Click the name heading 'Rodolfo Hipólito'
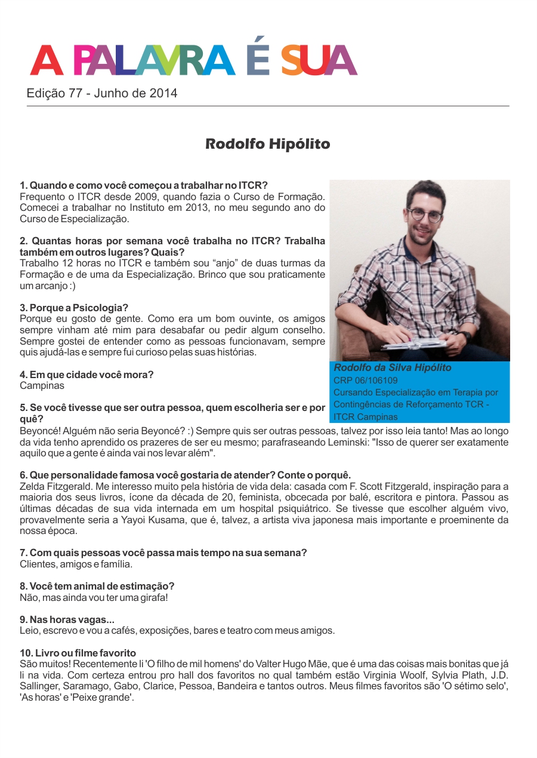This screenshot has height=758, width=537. pyautogui.click(x=267, y=144)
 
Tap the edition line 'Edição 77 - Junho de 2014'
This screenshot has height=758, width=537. pyautogui.click(x=102, y=94)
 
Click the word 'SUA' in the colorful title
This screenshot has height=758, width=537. pyautogui.click(x=319, y=60)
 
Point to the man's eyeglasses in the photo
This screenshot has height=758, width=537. pyautogui.click(x=425, y=214)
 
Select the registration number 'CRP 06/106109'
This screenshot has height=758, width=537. pyautogui.click(x=366, y=380)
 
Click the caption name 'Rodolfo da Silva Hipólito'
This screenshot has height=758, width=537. pyautogui.click(x=393, y=368)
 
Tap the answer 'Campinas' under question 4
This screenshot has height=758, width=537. pyautogui.click(x=42, y=386)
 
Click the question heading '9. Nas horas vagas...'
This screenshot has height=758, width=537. pyautogui.click(x=67, y=619)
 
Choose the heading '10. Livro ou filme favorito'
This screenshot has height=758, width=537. pyautogui.click(x=78, y=653)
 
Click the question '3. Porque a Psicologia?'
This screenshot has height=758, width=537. pyautogui.click(x=74, y=308)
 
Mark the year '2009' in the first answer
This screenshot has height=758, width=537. pyautogui.click(x=134, y=197)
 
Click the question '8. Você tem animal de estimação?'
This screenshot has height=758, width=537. pyautogui.click(x=97, y=586)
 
